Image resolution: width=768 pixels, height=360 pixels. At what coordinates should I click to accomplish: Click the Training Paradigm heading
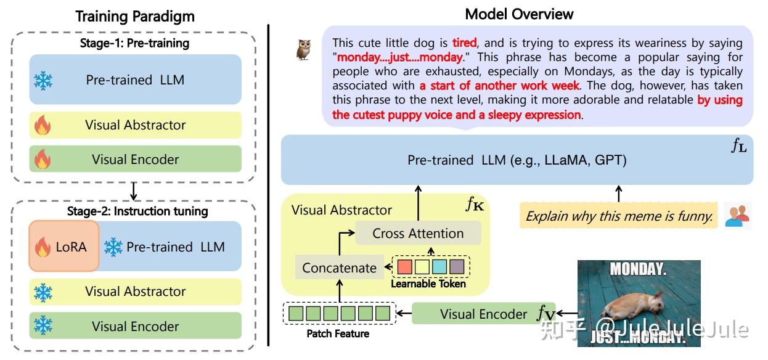134,16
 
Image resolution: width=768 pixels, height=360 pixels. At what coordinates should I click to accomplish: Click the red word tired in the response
464,43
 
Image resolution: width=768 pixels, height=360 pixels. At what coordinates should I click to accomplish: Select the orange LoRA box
64,247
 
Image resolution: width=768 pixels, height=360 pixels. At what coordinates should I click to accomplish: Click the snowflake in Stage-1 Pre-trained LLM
43,80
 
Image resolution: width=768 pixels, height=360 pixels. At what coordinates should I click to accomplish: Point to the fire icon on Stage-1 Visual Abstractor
43,126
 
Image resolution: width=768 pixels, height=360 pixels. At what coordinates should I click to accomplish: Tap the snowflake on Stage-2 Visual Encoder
43,326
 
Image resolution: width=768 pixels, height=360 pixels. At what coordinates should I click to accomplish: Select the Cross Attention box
418,234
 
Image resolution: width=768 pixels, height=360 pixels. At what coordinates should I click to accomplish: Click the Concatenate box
339,268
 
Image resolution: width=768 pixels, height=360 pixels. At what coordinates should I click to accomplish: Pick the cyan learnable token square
439,267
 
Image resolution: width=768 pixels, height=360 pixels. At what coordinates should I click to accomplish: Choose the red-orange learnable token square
404,267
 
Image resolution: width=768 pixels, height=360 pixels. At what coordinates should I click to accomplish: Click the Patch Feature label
338,333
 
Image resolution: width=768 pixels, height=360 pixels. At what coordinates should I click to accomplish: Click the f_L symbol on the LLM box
738,146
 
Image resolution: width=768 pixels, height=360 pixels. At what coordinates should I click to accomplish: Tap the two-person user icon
737,215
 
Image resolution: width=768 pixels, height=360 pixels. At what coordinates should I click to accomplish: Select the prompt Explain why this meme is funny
619,216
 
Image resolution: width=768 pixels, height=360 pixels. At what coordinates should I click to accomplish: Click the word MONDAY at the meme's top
638,269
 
